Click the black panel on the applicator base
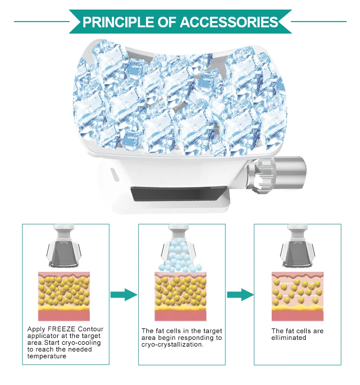(x=177, y=194)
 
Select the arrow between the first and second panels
(x=124, y=294)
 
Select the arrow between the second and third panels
(x=240, y=294)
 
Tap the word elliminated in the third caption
(x=289, y=338)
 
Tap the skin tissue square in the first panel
(x=64, y=296)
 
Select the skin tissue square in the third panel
(x=297, y=296)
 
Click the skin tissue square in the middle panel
(x=180, y=296)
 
